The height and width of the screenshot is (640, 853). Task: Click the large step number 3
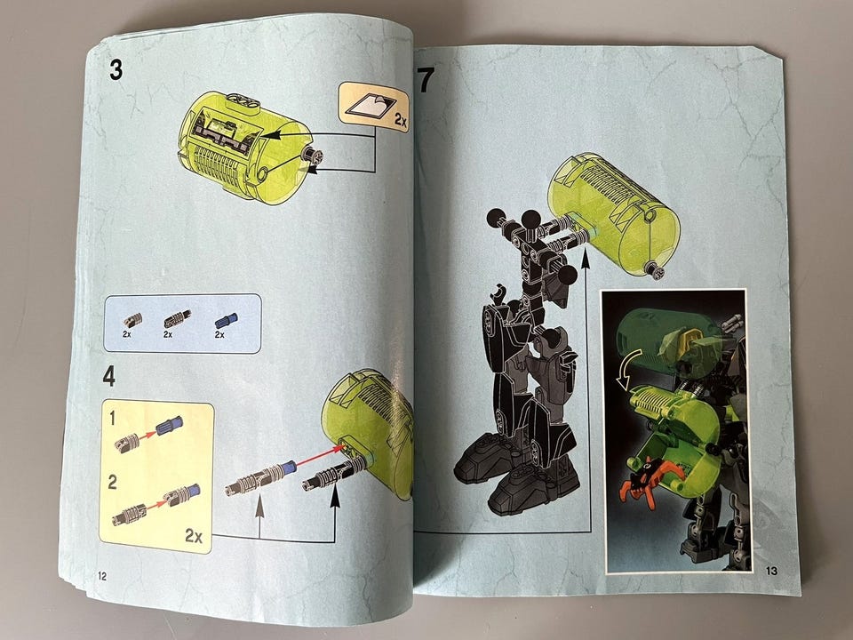(116, 70)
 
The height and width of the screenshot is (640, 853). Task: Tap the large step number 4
(109, 376)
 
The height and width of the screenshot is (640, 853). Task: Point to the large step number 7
(426, 79)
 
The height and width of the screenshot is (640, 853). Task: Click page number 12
(102, 576)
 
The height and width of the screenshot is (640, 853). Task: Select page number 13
(771, 571)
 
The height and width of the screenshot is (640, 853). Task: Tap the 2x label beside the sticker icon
(401, 120)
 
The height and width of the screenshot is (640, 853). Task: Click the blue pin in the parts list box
(227, 321)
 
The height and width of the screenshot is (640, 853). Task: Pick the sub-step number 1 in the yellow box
(113, 419)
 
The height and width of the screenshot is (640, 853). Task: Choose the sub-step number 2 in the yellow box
(113, 482)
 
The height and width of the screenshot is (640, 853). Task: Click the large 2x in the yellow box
(194, 536)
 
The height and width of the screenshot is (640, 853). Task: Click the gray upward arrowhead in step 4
(259, 504)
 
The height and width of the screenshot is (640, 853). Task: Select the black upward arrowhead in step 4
(335, 497)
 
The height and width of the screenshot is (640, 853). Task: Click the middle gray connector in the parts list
(178, 319)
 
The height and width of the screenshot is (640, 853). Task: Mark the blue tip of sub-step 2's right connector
(193, 491)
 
